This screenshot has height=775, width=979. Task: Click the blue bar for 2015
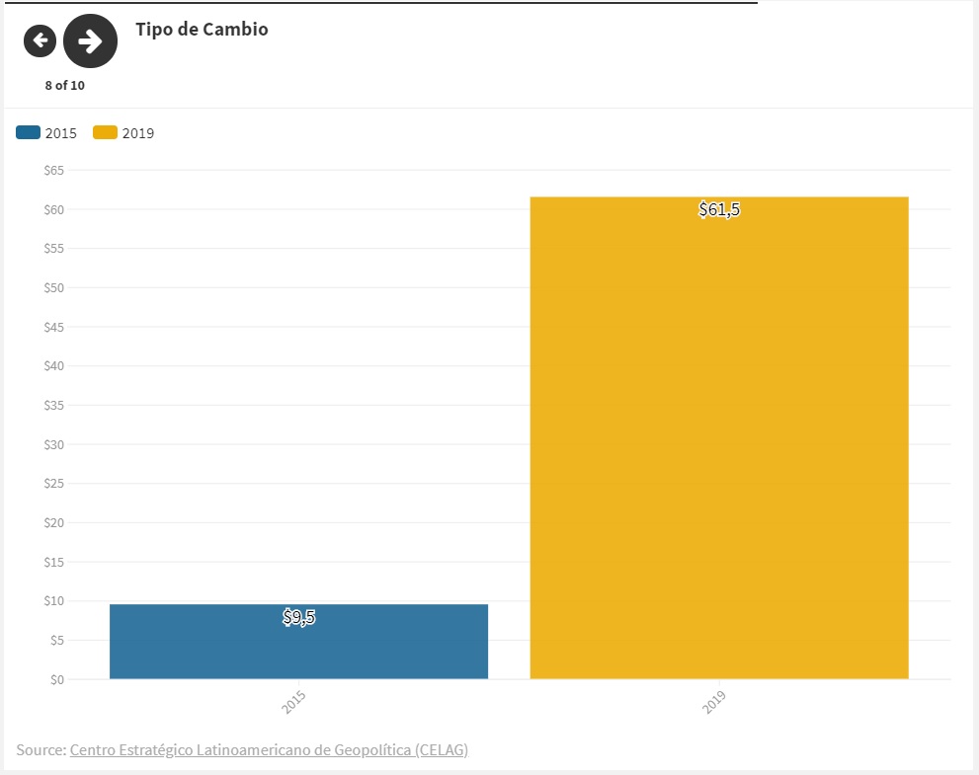[298, 642]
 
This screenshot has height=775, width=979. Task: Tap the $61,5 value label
[719, 209]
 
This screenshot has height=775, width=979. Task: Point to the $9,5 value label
[298, 619]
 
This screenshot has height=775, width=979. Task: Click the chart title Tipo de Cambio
[202, 30]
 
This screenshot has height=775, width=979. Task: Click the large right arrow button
[90, 40]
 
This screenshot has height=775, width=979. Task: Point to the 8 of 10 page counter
[65, 85]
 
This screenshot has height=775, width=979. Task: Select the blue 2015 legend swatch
[29, 132]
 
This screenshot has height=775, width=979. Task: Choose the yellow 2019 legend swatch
[105, 132]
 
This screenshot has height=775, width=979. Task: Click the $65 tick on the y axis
[53, 171]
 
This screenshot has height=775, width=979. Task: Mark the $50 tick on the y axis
[53, 288]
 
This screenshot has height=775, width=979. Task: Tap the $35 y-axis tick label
[53, 406]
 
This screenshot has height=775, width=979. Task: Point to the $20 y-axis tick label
[53, 523]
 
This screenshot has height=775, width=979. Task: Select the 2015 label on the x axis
[293, 703]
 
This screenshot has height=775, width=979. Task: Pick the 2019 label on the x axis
[714, 703]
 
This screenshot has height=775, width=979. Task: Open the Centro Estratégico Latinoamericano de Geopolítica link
[269, 750]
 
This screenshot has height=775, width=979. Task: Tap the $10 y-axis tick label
[53, 601]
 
